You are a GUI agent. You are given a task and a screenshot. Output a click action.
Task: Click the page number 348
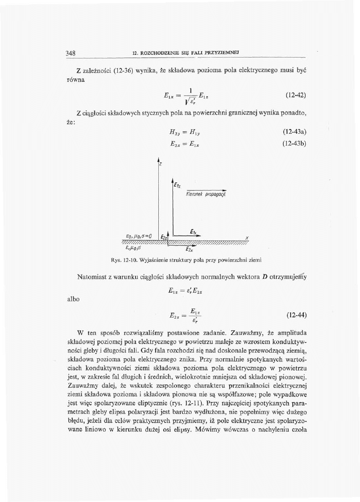(70, 52)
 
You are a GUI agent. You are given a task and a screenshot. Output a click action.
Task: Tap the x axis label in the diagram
(246, 237)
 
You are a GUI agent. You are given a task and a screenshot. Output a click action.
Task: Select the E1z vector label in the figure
(177, 185)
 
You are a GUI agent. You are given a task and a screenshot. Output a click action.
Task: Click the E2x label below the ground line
(189, 250)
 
